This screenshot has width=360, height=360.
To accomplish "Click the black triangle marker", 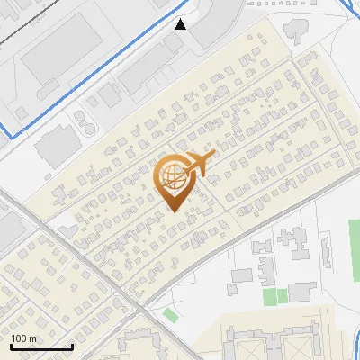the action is click(181, 24).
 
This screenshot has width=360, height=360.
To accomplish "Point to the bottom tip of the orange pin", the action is click(173, 211).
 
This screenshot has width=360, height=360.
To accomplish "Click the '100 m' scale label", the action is click(24, 339).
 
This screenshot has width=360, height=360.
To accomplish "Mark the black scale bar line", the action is click(40, 346).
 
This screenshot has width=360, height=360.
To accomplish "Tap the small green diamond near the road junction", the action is click(171, 314).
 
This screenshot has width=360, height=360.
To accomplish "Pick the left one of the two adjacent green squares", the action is click(269, 295).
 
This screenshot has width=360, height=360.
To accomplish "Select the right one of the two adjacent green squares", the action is click(282, 295).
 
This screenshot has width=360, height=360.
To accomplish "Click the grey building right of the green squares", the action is click(302, 292).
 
